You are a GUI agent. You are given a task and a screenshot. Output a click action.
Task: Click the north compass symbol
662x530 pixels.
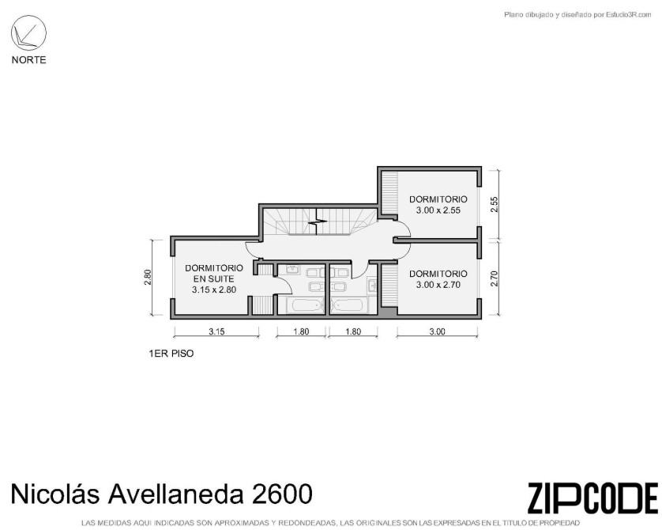pyautogui.click(x=28, y=32)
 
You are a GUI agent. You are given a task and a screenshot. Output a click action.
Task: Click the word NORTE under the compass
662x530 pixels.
pyautogui.click(x=28, y=60)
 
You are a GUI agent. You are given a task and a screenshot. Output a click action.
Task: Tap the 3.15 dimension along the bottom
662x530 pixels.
pyautogui.click(x=216, y=331)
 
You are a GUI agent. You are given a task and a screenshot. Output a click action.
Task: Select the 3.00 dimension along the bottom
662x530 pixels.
pyautogui.click(x=438, y=331)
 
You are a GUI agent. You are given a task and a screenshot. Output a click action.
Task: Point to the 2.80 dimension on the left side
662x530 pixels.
pyautogui.click(x=148, y=277)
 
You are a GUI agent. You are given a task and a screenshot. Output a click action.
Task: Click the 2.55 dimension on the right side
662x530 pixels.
pyautogui.click(x=495, y=205)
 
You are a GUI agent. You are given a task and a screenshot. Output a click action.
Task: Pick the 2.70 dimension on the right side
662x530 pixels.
pyautogui.click(x=495, y=278)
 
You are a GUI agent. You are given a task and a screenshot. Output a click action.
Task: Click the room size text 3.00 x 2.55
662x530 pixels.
pyautogui.click(x=438, y=210)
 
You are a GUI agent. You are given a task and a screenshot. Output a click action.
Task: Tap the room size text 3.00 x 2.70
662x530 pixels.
pyautogui.click(x=438, y=285)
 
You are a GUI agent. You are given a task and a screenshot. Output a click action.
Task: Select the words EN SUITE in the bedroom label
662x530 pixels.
pyautogui.click(x=213, y=279)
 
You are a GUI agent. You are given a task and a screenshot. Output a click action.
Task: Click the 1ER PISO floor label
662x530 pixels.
pyautogui.click(x=171, y=354)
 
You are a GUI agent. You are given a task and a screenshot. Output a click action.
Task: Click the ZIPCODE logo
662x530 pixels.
pyautogui.click(x=592, y=497)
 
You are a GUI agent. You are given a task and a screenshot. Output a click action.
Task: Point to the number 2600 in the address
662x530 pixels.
pyautogui.click(x=282, y=494)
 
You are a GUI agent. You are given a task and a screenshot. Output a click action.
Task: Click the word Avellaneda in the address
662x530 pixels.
pyautogui.click(x=175, y=494)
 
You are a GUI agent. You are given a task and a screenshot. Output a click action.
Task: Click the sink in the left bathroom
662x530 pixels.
pyautogui.click(x=292, y=270)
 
